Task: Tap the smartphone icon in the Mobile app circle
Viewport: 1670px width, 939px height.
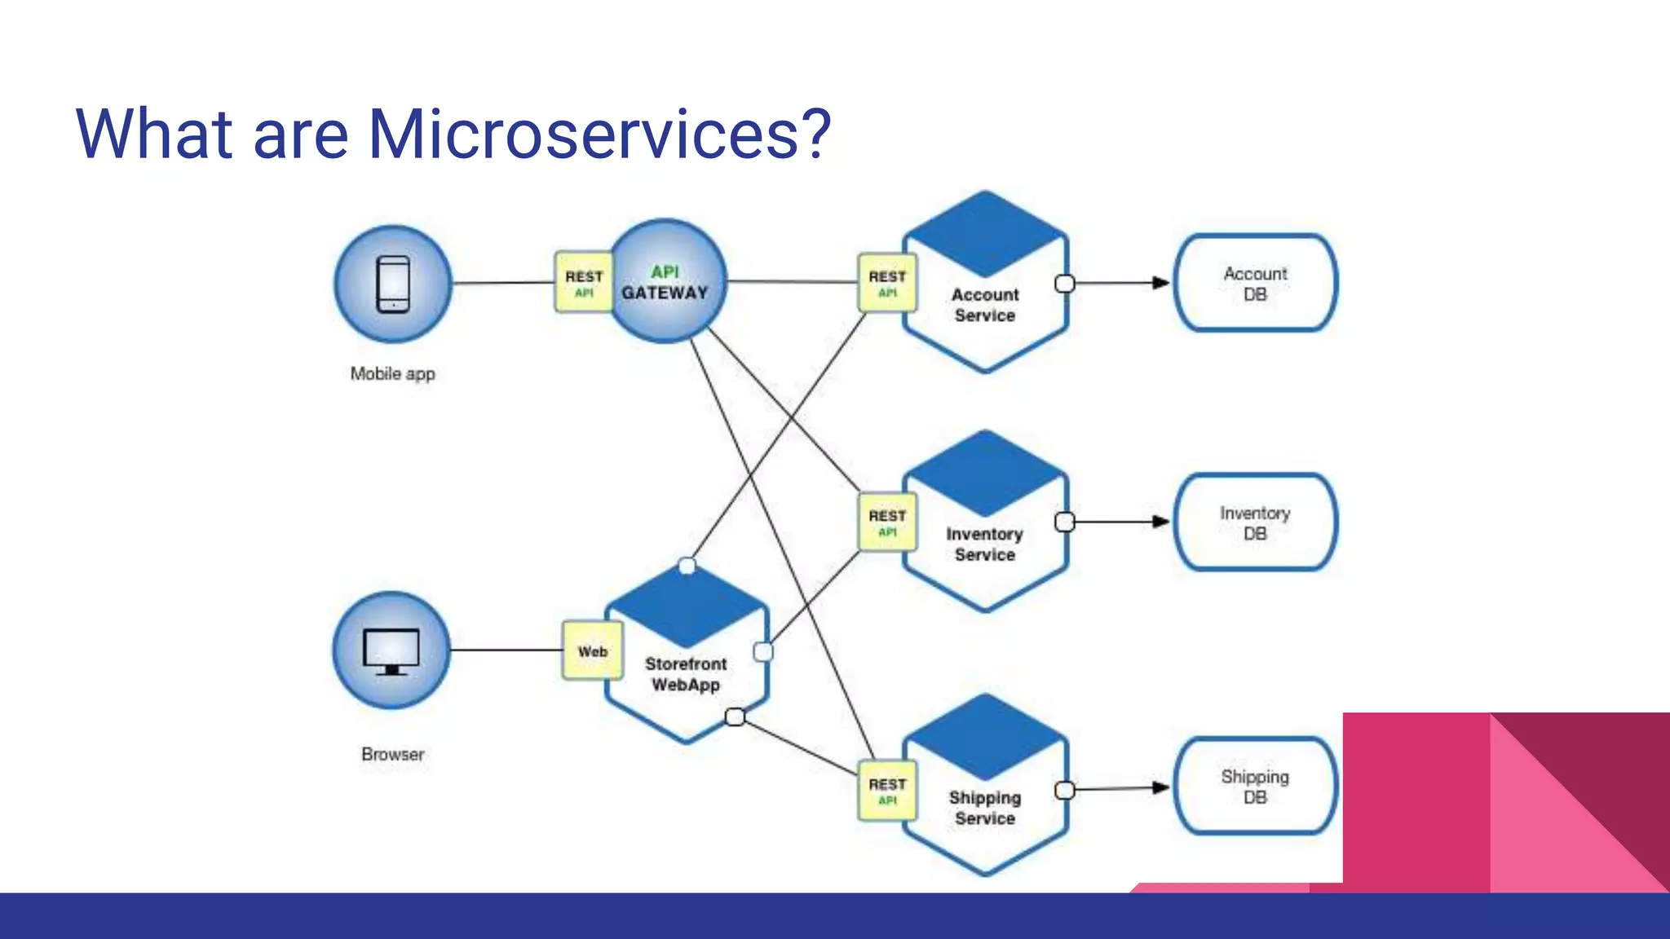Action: [393, 284]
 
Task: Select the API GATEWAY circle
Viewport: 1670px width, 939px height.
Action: [666, 282]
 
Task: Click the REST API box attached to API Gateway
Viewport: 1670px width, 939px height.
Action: [583, 283]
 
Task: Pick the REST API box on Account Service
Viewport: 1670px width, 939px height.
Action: [887, 283]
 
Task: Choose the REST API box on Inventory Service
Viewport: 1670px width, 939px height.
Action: [887, 522]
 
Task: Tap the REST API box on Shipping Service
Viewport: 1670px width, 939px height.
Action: [887, 791]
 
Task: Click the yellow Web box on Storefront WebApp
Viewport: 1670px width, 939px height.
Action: [593, 651]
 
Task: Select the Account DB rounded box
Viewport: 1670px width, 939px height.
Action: [1255, 284]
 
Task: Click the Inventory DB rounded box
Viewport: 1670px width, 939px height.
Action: [1255, 522]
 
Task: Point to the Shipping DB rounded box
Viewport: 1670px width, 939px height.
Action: [1255, 787]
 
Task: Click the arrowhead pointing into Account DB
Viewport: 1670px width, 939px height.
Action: [1160, 283]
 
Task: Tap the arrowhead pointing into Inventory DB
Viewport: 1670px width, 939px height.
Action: [1160, 522]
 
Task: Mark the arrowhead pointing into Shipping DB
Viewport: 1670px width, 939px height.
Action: [1160, 787]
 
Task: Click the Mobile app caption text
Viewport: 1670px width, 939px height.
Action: [392, 374]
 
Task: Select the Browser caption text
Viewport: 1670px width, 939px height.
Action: [392, 755]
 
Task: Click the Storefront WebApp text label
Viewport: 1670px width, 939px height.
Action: [686, 675]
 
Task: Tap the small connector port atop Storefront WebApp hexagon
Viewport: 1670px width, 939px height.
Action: [687, 566]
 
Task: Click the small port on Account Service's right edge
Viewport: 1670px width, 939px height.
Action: [1065, 284]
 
